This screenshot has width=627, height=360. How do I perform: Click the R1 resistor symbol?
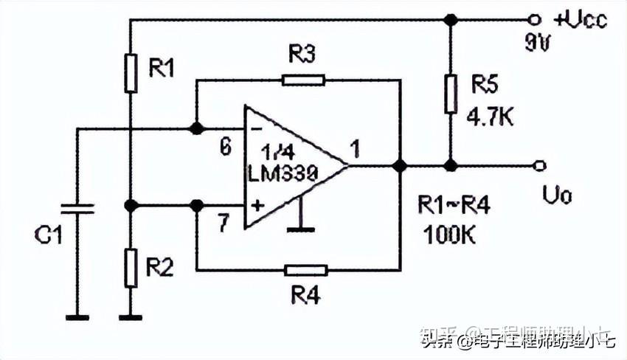[x=131, y=72]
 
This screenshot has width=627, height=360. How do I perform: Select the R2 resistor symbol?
[x=131, y=269]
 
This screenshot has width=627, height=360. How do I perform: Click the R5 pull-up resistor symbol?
[x=448, y=94]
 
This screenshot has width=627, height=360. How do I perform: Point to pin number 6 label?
[x=226, y=147]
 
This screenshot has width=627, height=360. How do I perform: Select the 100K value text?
[x=450, y=236]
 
